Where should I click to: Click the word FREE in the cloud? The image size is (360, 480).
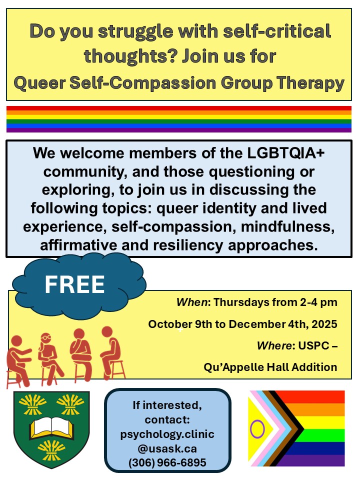74,284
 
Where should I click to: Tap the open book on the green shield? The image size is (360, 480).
51,426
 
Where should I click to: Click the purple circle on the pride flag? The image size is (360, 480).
257,429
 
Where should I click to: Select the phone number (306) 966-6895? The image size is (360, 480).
167,462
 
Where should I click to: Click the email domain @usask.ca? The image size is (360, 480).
167,448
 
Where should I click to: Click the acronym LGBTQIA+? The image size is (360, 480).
285,153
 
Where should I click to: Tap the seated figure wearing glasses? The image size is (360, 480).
49,358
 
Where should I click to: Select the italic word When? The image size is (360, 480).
192,302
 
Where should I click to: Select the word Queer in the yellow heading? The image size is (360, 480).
40,83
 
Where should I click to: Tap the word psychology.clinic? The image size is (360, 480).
167,434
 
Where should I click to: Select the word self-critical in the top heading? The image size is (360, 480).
277,31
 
